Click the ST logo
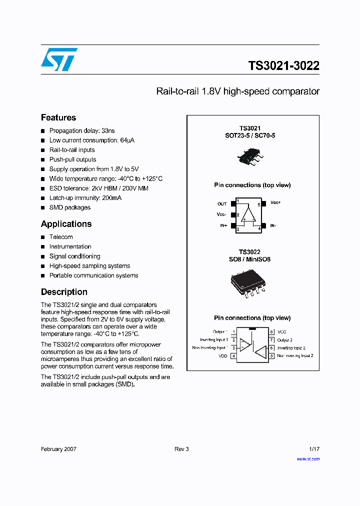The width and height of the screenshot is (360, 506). click(x=59, y=59)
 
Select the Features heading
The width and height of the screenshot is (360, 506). click(x=58, y=117)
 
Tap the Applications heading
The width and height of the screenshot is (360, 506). click(x=66, y=224)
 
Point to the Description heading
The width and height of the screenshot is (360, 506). click(x=64, y=292)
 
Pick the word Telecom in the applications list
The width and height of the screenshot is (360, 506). click(x=61, y=237)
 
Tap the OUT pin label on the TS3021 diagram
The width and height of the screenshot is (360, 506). click(x=222, y=204)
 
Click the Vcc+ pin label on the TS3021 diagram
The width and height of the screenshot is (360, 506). click(x=275, y=203)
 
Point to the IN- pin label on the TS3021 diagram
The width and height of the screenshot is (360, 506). click(x=273, y=226)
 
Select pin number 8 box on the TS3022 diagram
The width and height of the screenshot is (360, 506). click(x=271, y=332)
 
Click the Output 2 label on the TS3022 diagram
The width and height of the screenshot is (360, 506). click(x=285, y=340)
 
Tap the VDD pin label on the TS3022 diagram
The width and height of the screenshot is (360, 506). click(x=222, y=356)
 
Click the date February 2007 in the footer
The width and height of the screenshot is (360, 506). click(x=58, y=449)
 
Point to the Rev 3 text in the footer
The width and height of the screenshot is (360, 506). click(x=181, y=449)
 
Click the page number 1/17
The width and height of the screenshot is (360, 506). click(x=313, y=449)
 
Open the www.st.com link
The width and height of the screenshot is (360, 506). click(x=308, y=459)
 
